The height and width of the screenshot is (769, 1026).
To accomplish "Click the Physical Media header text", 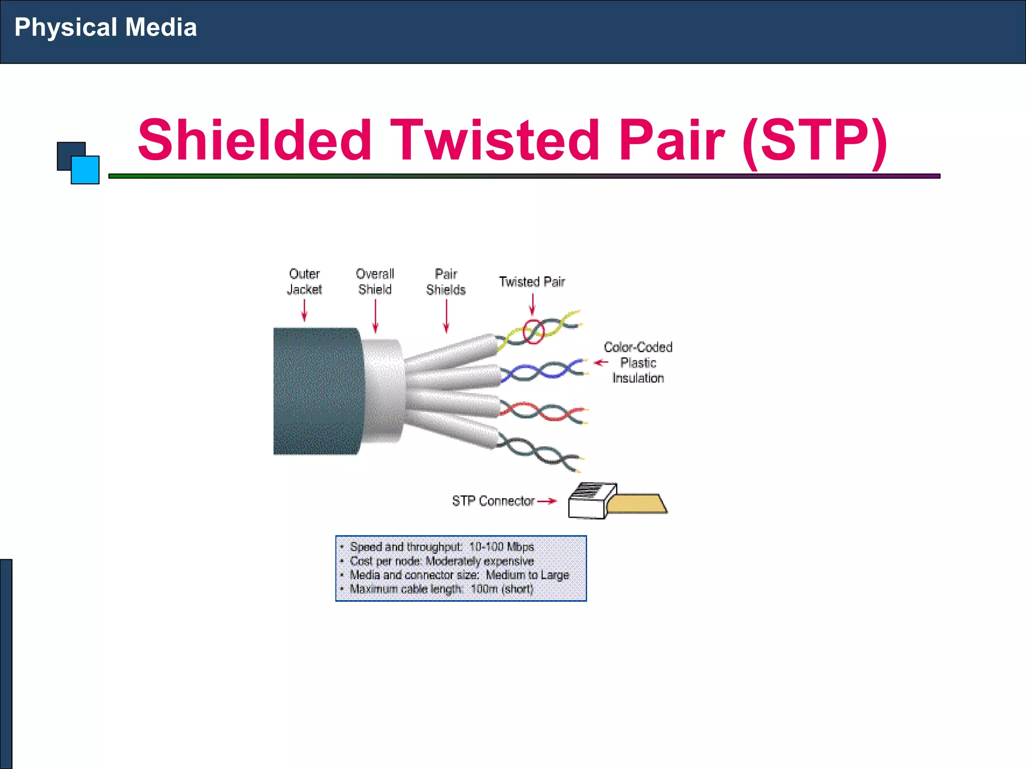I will pos(106,28).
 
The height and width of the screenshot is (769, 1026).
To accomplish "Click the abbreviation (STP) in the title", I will pos(815,142).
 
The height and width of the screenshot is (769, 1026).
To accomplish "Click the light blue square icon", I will pos(85,170).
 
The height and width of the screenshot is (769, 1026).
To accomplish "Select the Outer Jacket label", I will pos(304,282).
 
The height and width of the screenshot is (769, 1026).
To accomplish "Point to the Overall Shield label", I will pos(375,282).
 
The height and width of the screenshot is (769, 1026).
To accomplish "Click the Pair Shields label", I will pos(446,282).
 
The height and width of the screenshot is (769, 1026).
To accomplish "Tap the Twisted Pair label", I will pos(532,282).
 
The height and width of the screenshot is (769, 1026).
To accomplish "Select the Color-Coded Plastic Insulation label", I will pos(638,362).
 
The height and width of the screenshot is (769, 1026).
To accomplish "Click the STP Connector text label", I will pos(493,501).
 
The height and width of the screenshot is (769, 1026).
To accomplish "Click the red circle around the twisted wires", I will pos(534,331).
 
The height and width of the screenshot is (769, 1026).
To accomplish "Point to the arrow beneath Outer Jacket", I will pos(304,310).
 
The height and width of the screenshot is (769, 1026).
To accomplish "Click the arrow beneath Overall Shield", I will pos(375,316).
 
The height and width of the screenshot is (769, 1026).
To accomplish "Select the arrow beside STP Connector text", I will pos(547,501).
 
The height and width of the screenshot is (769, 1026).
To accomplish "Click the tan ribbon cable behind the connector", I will pos(637,504).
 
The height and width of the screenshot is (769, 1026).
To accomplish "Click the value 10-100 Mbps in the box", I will pos(501,547).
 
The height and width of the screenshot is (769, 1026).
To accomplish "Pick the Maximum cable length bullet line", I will pos(441,589).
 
